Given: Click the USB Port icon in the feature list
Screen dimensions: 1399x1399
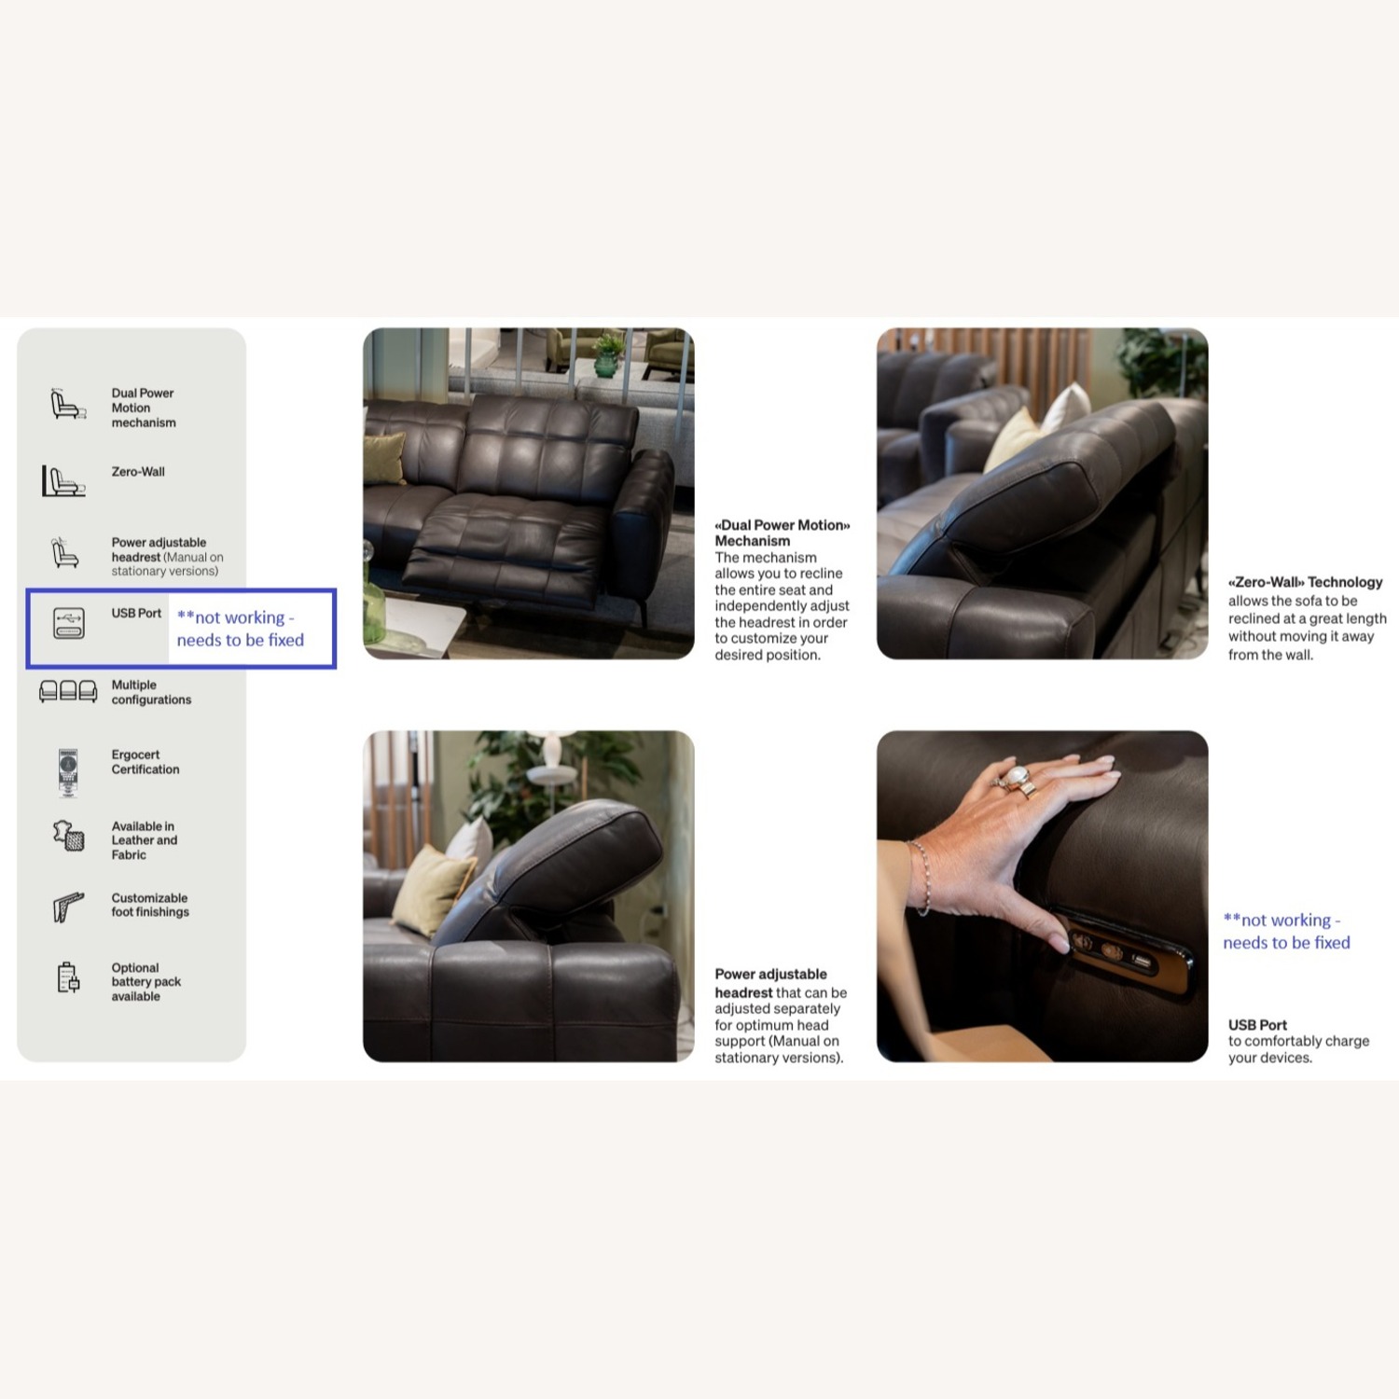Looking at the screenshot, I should [x=69, y=623].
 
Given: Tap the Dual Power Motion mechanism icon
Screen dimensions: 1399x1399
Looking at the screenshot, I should [x=67, y=405].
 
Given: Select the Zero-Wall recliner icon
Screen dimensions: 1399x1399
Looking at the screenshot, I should [x=63, y=481].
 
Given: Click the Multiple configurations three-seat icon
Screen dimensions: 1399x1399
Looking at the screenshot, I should [x=68, y=691].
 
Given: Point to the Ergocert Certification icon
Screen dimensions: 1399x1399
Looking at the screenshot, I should [x=68, y=771].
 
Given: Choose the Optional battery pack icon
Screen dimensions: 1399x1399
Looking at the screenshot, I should [x=68, y=977].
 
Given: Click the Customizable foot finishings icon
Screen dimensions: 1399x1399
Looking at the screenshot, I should [x=68, y=906].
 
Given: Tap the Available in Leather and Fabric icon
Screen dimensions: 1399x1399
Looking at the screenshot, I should [x=68, y=836].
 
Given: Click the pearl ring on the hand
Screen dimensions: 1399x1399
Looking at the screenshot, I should [x=1016, y=776].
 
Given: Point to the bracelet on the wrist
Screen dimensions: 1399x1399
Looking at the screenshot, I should [x=922, y=877].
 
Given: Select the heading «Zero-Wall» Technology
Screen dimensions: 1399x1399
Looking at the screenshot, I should [x=1305, y=582].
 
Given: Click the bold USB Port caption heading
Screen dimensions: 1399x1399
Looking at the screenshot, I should [x=1257, y=1024].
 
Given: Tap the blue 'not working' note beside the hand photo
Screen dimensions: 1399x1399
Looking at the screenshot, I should [x=1285, y=931].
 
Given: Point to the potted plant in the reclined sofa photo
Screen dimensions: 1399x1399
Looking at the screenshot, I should [x=607, y=355].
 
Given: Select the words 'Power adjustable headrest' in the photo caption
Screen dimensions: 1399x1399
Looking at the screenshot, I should [x=770, y=983].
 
